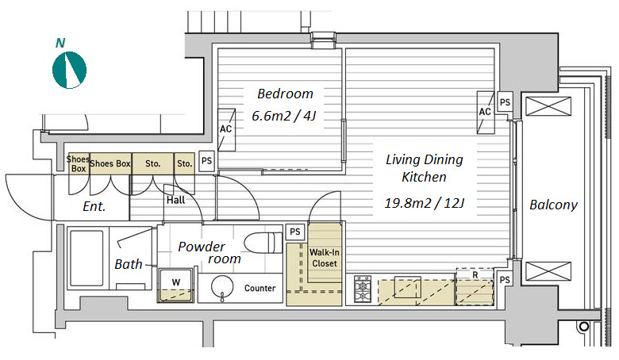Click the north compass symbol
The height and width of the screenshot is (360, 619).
(70, 70)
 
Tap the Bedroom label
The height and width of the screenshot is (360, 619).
(285, 94)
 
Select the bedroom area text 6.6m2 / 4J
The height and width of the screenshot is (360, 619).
(284, 116)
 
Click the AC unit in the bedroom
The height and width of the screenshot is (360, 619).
(227, 130)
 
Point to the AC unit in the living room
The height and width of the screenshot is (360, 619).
(486, 113)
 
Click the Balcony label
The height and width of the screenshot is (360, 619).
(553, 205)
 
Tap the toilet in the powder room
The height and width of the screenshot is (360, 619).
(263, 242)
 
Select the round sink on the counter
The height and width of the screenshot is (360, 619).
(223, 287)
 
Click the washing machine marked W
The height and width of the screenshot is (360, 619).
(175, 285)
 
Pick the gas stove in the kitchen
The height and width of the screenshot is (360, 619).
(363, 289)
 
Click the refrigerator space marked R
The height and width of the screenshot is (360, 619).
(475, 286)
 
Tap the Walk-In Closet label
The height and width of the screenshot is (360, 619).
(325, 258)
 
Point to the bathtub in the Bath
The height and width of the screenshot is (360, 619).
(87, 259)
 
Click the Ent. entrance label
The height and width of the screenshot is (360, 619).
(94, 206)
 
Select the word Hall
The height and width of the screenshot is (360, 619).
(175, 201)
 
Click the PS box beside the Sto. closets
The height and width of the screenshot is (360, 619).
(206, 161)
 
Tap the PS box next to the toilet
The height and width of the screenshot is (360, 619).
(295, 232)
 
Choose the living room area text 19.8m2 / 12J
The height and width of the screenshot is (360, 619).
(425, 203)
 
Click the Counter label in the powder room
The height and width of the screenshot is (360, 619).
(260, 288)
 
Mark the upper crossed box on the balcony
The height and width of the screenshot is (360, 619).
(548, 106)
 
